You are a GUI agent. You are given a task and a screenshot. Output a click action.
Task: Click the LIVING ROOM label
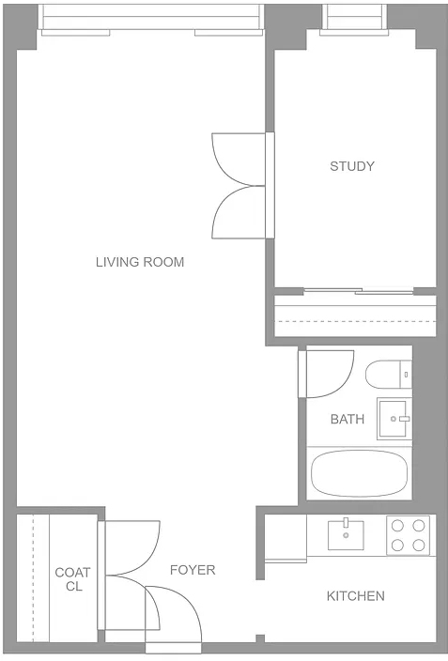[140, 262]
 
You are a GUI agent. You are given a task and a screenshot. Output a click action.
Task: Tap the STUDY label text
[352, 166]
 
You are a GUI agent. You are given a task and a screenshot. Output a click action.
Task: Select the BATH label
[348, 419]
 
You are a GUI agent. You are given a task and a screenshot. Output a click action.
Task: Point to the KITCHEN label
[356, 595]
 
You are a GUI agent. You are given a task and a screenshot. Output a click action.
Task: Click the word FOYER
[193, 570]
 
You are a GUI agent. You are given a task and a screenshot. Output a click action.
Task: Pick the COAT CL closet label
[73, 579]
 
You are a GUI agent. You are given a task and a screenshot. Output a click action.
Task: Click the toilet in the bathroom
[388, 374]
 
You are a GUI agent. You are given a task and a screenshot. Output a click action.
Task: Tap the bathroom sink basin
[394, 419]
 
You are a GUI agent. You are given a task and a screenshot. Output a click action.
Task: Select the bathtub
[359, 473]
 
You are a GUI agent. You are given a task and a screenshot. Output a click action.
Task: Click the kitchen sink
[346, 534]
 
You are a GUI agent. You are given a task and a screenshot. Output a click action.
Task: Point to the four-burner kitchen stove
[408, 535]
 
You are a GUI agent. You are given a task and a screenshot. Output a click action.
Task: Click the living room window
[150, 20]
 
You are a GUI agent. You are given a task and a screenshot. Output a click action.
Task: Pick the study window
[354, 20]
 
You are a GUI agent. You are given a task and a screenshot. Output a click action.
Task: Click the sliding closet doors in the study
[359, 291]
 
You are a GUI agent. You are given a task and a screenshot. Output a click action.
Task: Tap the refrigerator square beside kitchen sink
[286, 538]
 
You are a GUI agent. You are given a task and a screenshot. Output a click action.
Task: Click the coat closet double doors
[129, 576]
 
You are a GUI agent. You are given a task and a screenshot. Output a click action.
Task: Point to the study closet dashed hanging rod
[355, 322]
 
